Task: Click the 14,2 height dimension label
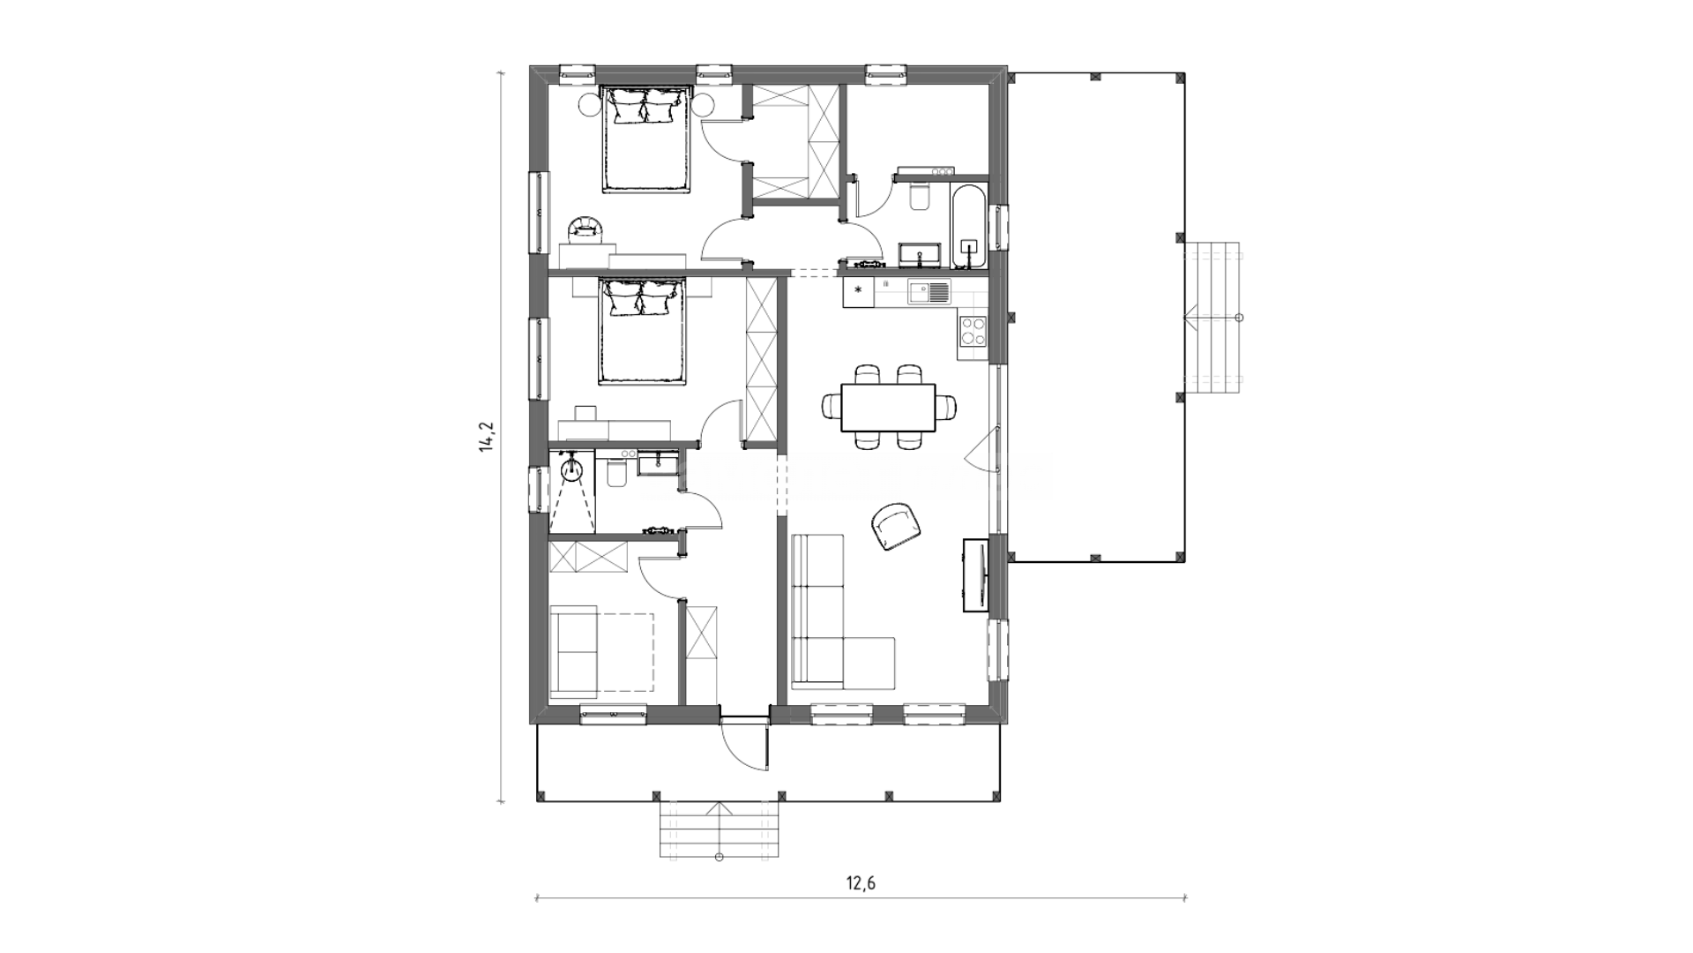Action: pos(485,438)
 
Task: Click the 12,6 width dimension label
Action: pos(861,882)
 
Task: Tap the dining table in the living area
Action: pos(888,408)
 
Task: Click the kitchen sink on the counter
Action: pos(929,291)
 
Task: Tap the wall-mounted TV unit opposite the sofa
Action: pos(976,574)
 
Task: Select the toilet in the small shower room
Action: pos(616,475)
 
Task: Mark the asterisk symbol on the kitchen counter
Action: pos(858,289)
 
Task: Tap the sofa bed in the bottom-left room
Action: pos(601,653)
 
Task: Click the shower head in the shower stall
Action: pos(572,467)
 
